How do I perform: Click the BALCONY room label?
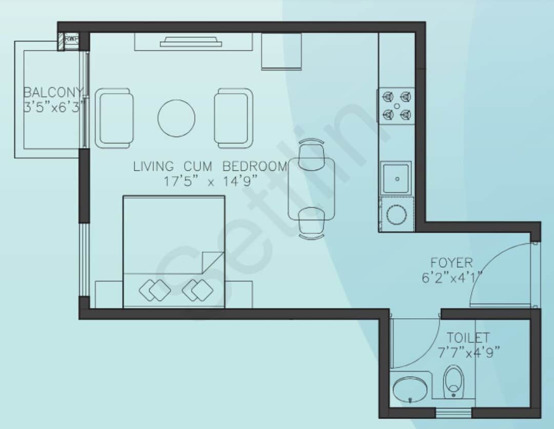click(53, 93)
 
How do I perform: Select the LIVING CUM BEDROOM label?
click(210, 166)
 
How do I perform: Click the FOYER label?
click(451, 263)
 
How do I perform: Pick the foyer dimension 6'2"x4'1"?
click(451, 278)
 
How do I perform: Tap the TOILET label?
click(468, 338)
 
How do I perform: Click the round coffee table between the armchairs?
click(176, 118)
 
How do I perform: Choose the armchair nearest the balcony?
click(114, 118)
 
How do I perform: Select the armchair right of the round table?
click(233, 118)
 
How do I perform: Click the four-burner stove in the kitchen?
click(396, 106)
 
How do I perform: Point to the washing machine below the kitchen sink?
click(397, 214)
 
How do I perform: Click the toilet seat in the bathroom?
click(453, 382)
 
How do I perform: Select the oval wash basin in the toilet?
click(410, 389)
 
